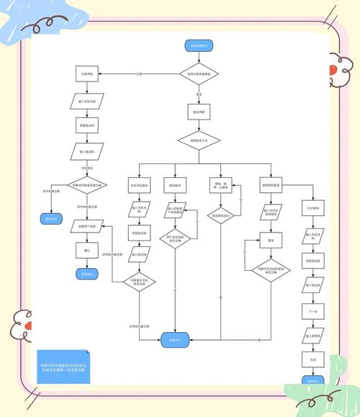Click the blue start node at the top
(198, 45)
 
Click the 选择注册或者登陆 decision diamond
(198, 73)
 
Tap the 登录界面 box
(198, 113)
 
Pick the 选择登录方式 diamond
(198, 140)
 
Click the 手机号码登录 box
(139, 185)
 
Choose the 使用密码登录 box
(271, 185)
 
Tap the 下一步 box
(312, 311)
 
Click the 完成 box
(312, 359)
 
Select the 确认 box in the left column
(87, 251)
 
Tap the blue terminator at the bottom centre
(175, 338)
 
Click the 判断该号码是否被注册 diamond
(87, 185)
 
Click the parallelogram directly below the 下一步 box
(312, 335)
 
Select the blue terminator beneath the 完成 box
(312, 380)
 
